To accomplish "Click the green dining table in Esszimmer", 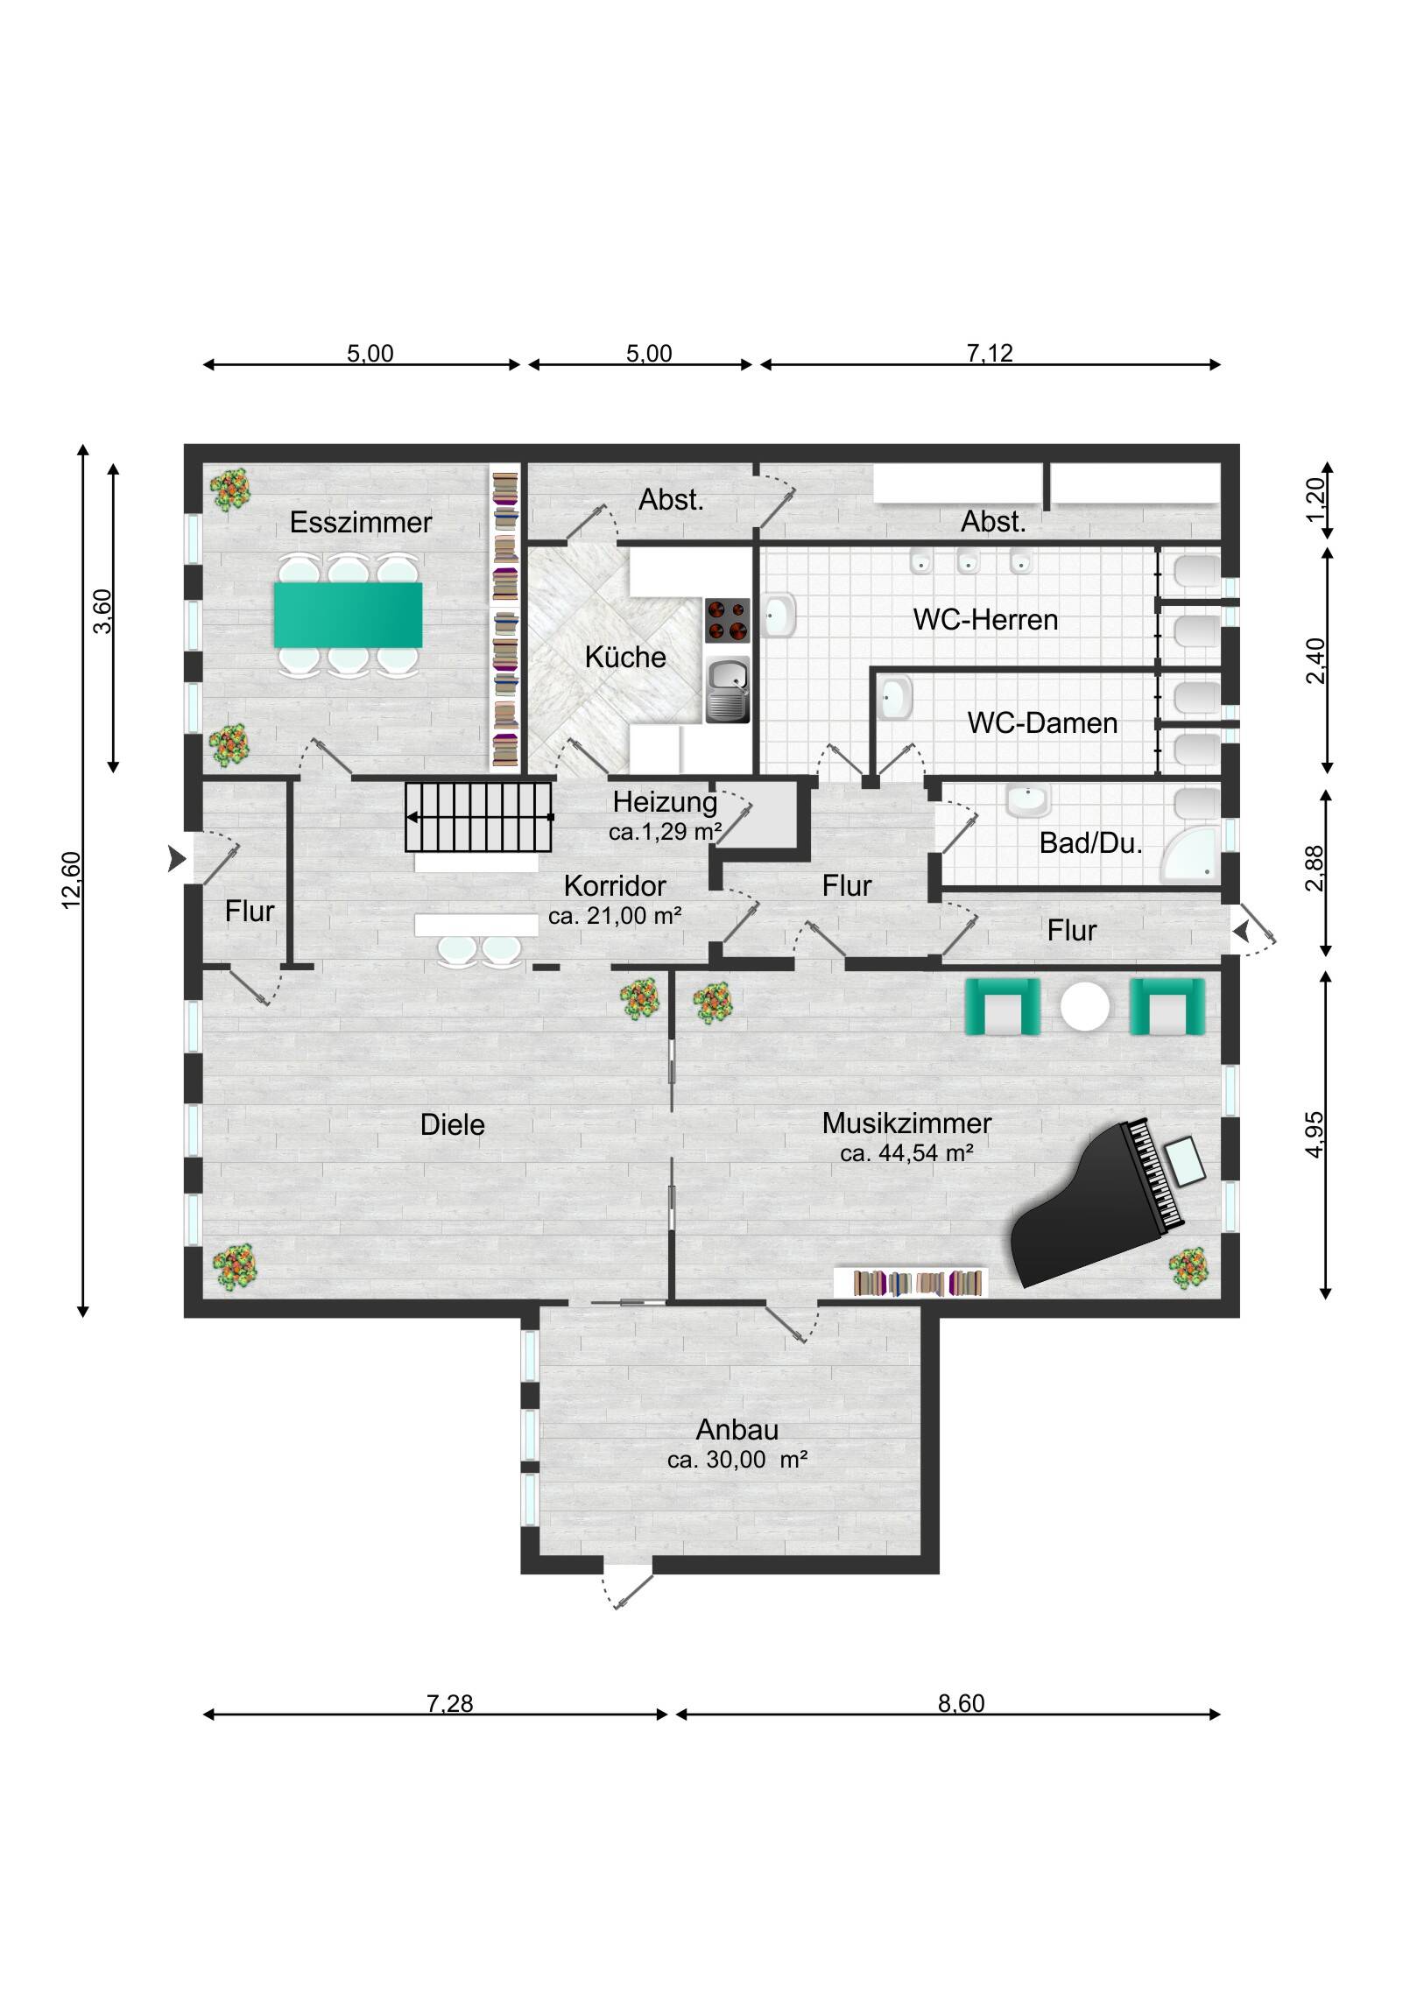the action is pyautogui.click(x=348, y=615).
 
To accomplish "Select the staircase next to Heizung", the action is pyautogui.click(x=478, y=817).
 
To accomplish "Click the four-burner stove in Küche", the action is pyautogui.click(x=728, y=620).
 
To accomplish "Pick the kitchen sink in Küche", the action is pyautogui.click(x=729, y=690).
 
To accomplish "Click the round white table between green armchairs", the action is pyautogui.click(x=1085, y=1008).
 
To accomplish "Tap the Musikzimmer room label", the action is pyautogui.click(x=906, y=1123).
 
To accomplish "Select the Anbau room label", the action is pyautogui.click(x=737, y=1430).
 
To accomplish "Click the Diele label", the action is pyautogui.click(x=452, y=1124).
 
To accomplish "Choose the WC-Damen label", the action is pyautogui.click(x=1042, y=722).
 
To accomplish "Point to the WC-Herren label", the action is pyautogui.click(x=985, y=619).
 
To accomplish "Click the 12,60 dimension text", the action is pyautogui.click(x=71, y=880).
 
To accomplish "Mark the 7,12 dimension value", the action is pyautogui.click(x=990, y=353).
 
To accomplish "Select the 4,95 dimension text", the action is pyautogui.click(x=1315, y=1135).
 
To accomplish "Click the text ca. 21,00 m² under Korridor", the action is pyautogui.click(x=615, y=916).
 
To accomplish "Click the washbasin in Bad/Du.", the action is pyautogui.click(x=1027, y=800).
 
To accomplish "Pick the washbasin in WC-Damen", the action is pyautogui.click(x=894, y=699).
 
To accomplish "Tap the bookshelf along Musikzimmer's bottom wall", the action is pyautogui.click(x=911, y=1284).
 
